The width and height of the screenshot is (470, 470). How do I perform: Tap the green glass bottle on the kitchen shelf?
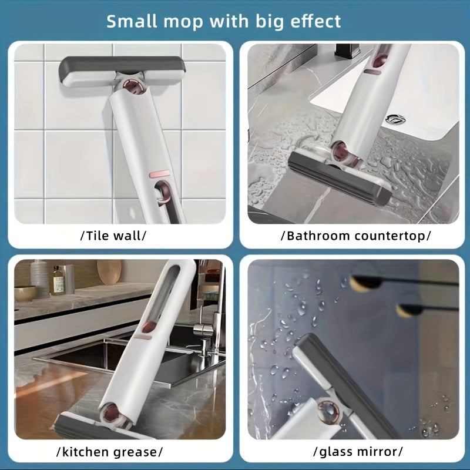[x=58, y=281]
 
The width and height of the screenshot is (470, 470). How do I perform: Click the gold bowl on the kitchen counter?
[x=25, y=293]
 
